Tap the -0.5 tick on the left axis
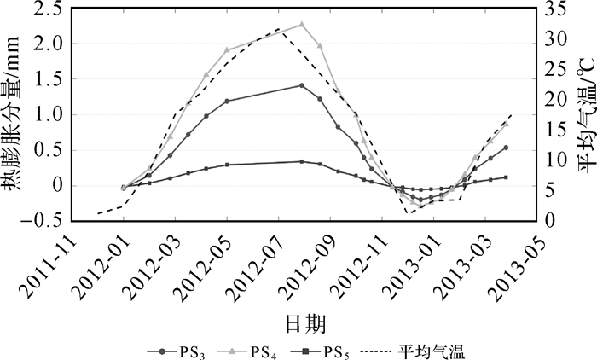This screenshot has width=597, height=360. pyautogui.click(x=48, y=220)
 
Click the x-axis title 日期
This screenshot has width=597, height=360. pyautogui.click(x=304, y=323)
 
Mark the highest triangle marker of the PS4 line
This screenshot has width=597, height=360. pyautogui.click(x=302, y=25)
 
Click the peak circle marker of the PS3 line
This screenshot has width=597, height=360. pyautogui.click(x=301, y=85)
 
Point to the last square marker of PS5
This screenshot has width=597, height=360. pyautogui.click(x=506, y=177)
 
